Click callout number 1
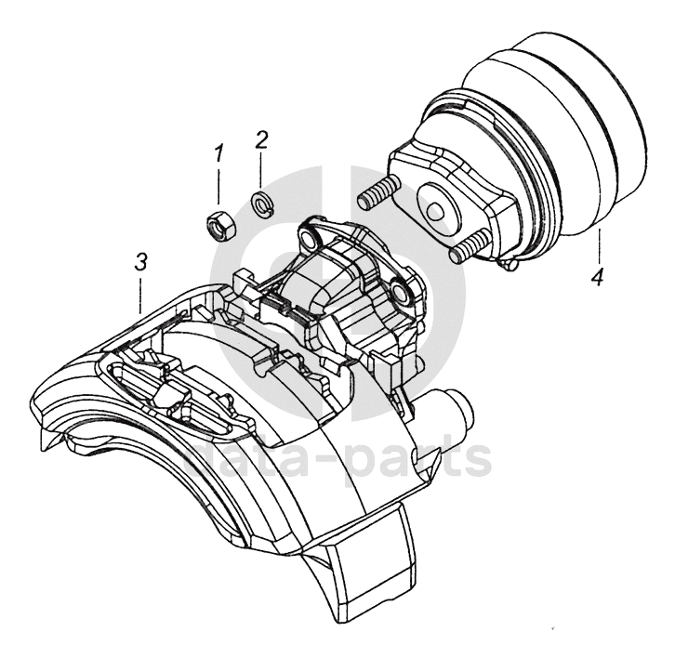[219, 154]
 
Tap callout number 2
[262, 139]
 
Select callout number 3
[140, 261]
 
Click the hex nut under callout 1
[220, 226]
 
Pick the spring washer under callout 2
[261, 203]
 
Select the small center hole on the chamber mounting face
[434, 210]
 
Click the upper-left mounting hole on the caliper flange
[309, 239]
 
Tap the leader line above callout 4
[599, 246]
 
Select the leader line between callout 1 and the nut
[219, 186]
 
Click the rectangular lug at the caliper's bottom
[370, 555]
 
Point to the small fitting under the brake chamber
[508, 264]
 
